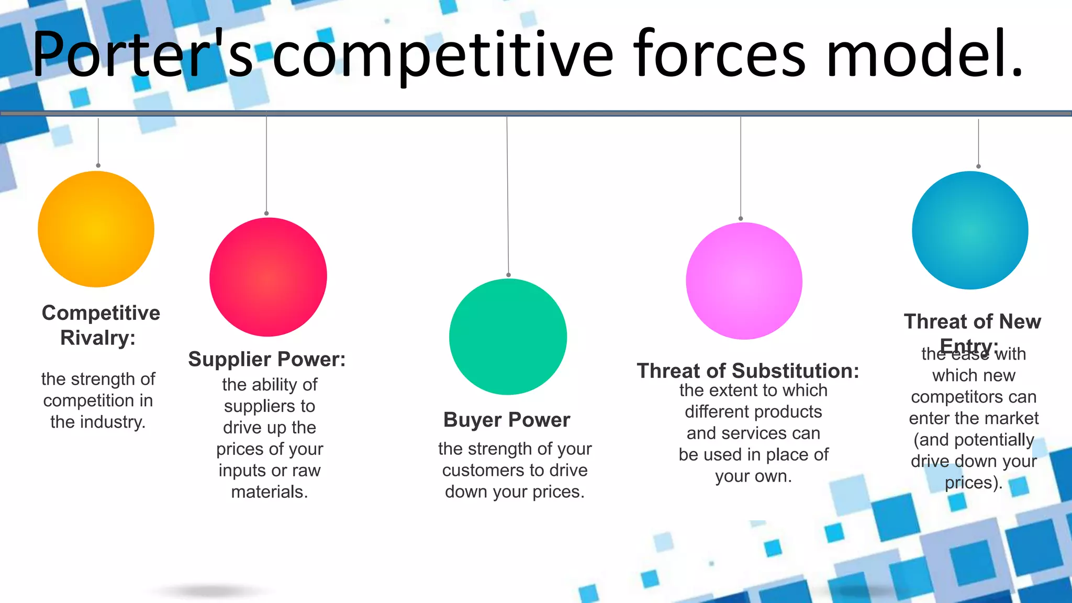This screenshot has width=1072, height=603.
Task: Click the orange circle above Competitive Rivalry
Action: (x=96, y=229)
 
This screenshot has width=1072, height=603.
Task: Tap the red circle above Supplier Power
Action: (x=268, y=277)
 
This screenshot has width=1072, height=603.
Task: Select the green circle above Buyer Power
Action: (x=508, y=337)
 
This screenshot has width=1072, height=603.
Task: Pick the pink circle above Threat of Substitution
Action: (x=744, y=281)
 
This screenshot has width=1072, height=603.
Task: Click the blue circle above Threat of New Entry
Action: (x=970, y=230)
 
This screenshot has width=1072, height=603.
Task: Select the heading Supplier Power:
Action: (x=267, y=360)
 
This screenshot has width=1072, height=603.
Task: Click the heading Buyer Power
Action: (x=507, y=420)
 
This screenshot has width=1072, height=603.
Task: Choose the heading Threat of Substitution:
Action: (x=748, y=371)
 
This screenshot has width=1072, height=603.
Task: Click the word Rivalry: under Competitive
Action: (x=98, y=338)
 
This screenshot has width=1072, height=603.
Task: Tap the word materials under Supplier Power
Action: (x=269, y=492)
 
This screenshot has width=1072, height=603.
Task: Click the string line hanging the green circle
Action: (x=507, y=199)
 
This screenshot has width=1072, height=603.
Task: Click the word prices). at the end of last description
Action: (x=973, y=483)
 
